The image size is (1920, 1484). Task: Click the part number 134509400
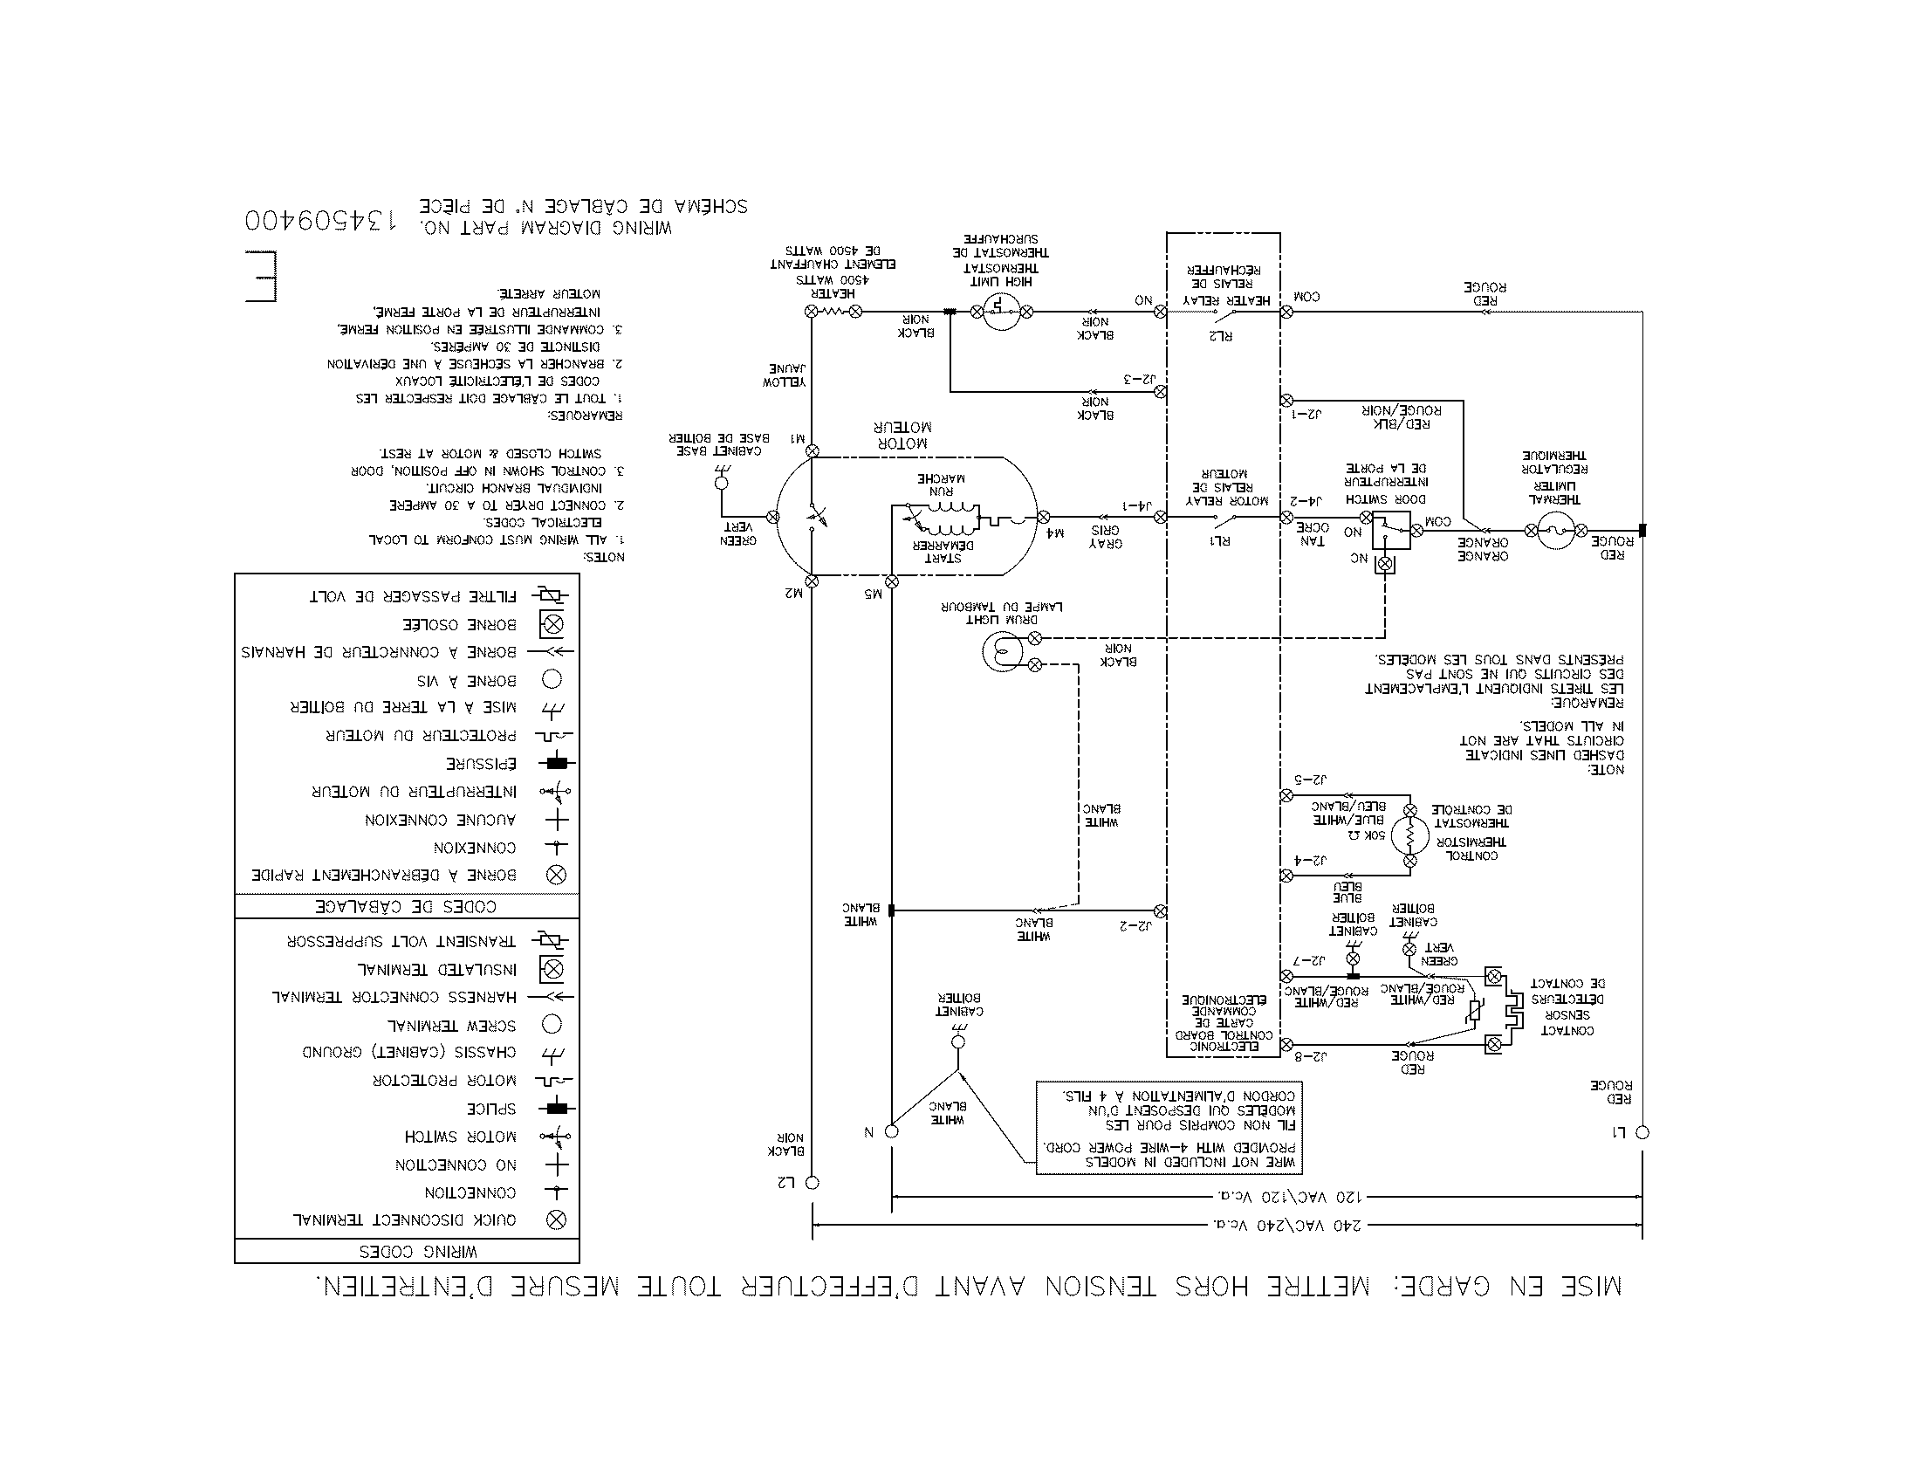pyautogui.click(x=320, y=220)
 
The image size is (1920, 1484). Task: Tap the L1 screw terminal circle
pyautogui.click(x=1642, y=1132)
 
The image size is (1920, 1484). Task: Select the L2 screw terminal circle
pyautogui.click(x=813, y=1183)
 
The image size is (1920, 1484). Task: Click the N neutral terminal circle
pyautogui.click(x=891, y=1131)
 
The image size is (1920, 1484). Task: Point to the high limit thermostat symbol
pyautogui.click(x=1000, y=312)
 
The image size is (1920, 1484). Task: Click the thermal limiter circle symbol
pyautogui.click(x=1556, y=530)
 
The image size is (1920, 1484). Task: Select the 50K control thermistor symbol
pyautogui.click(x=1409, y=835)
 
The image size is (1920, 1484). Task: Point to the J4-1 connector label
pyautogui.click(x=1136, y=505)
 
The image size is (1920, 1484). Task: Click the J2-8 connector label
pyautogui.click(x=1310, y=1055)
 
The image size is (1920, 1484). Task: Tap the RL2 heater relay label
pyautogui.click(x=1221, y=335)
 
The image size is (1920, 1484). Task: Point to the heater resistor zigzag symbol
pyautogui.click(x=833, y=312)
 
